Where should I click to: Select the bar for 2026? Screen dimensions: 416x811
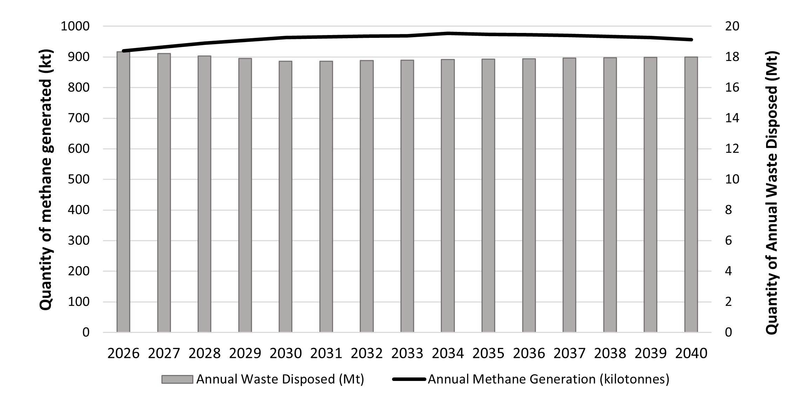point(123,192)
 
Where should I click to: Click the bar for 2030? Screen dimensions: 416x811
point(285,197)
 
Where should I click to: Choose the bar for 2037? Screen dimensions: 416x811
point(569,195)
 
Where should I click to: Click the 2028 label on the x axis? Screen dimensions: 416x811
point(204,353)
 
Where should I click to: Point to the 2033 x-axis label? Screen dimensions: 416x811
point(407,353)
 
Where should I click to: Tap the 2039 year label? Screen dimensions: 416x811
point(650,353)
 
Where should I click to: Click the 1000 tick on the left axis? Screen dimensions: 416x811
point(75,26)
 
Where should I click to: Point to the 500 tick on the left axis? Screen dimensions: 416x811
point(79,179)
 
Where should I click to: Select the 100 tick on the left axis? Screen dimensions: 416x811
point(79,302)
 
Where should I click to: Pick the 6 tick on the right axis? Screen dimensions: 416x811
point(729,241)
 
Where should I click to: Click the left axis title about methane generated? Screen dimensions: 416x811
point(46,179)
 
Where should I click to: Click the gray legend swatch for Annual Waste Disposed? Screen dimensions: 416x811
point(177,380)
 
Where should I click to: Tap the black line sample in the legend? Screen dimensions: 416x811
point(409,380)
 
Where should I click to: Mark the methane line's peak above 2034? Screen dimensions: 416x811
point(448,33)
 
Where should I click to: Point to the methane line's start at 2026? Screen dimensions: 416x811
point(124,51)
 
